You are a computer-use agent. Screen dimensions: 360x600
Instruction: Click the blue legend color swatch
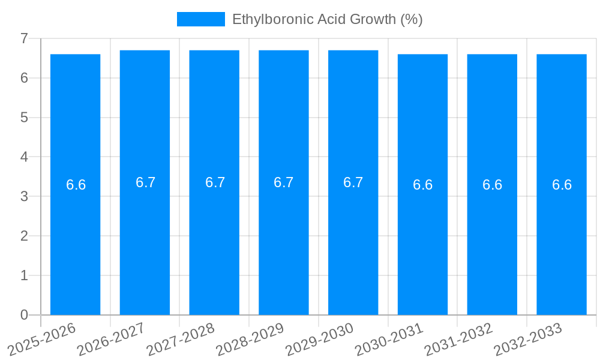(200, 19)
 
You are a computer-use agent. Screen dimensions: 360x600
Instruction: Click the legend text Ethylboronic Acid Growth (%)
(327, 19)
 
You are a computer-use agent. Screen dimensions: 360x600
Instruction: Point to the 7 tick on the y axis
(24, 38)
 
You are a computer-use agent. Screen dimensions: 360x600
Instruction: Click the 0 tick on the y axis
(24, 315)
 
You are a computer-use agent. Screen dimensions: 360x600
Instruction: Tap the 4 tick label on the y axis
(24, 157)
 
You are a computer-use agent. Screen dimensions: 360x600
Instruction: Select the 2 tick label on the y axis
(24, 236)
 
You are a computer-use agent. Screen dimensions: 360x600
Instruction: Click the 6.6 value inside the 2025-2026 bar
(76, 185)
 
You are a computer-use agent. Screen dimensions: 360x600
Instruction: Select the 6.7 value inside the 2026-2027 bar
(145, 182)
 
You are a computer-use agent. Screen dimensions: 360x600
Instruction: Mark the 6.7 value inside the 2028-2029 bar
(284, 182)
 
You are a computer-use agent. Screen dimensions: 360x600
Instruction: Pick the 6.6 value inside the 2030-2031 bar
(422, 185)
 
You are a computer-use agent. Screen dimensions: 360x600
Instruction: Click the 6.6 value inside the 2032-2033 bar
(562, 185)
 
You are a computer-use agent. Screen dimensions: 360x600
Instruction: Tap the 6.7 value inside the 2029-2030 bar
(353, 182)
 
